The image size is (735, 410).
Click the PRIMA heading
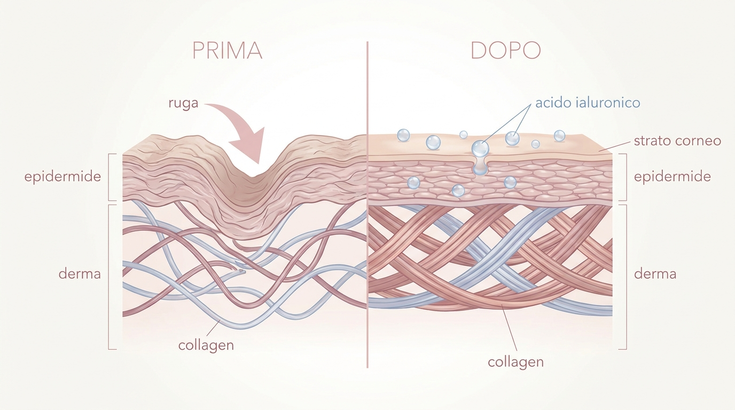[x=227, y=50]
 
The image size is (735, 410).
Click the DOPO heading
[x=506, y=50]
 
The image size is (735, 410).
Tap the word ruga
[x=183, y=103]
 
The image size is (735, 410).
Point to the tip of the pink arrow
[x=259, y=163]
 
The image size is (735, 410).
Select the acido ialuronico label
[x=588, y=102]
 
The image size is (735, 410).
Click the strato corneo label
[x=677, y=141]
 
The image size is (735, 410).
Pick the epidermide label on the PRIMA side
[x=62, y=177]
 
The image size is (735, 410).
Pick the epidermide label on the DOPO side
[x=673, y=177]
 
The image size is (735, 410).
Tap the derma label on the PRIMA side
[x=80, y=274]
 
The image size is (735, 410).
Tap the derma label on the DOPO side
[x=655, y=274]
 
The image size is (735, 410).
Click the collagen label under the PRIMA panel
[x=206, y=345]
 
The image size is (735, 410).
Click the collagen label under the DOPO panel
[x=516, y=362]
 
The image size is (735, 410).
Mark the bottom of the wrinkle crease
[x=253, y=178]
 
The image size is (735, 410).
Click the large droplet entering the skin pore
[x=480, y=148]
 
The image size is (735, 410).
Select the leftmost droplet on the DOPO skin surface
[x=403, y=135]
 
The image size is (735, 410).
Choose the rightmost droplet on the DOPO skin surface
[x=559, y=136]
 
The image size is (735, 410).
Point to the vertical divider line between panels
[x=367, y=204]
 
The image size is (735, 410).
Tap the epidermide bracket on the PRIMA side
[x=109, y=177]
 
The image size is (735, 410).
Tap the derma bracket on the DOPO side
[x=626, y=277]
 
